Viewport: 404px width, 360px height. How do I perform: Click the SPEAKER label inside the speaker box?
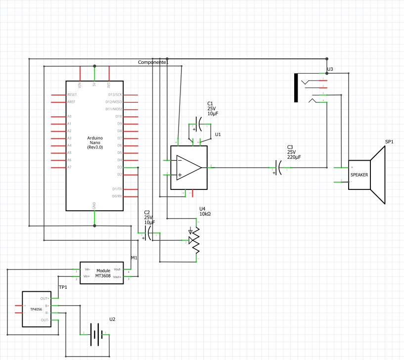coord(359,175)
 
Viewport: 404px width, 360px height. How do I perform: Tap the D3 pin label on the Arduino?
coord(119,167)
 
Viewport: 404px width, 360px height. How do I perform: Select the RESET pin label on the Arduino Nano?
coord(72,94)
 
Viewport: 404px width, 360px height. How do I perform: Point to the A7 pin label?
coord(70,167)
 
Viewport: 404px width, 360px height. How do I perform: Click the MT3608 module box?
coord(102,272)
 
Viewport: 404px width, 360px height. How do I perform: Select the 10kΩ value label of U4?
coord(205,214)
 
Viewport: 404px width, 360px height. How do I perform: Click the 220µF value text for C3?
coord(294,157)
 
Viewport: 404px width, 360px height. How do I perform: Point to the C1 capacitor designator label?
coord(211,103)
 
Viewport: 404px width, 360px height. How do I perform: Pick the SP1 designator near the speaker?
coord(389,142)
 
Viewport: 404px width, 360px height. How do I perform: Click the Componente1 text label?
coord(153,63)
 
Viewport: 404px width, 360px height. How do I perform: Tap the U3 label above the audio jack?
coord(330,69)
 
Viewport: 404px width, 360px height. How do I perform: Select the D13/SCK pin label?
coord(115,94)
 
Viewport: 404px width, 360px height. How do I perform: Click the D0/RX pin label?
coord(117,196)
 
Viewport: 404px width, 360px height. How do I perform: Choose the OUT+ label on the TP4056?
coord(45,299)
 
